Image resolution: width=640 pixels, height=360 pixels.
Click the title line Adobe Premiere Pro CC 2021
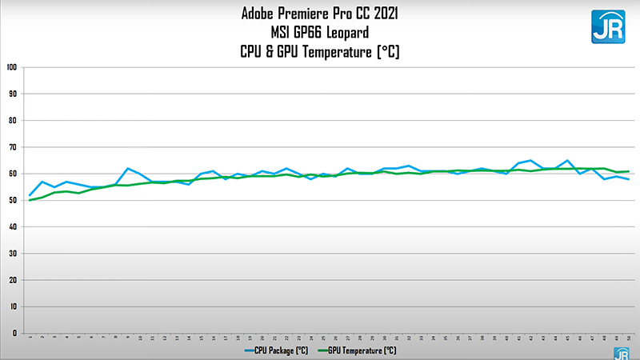(319, 14)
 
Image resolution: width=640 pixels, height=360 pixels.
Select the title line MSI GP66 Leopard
(319, 33)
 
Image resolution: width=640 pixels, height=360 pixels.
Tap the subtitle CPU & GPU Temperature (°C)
(319, 53)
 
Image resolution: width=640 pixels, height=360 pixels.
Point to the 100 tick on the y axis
(12, 67)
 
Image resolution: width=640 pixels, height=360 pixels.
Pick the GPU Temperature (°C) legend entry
(360, 350)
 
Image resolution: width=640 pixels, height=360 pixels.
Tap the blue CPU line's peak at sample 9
(128, 169)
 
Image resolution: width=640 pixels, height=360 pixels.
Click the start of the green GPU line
(30, 200)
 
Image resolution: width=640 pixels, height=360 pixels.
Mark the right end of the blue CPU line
(628, 179)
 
